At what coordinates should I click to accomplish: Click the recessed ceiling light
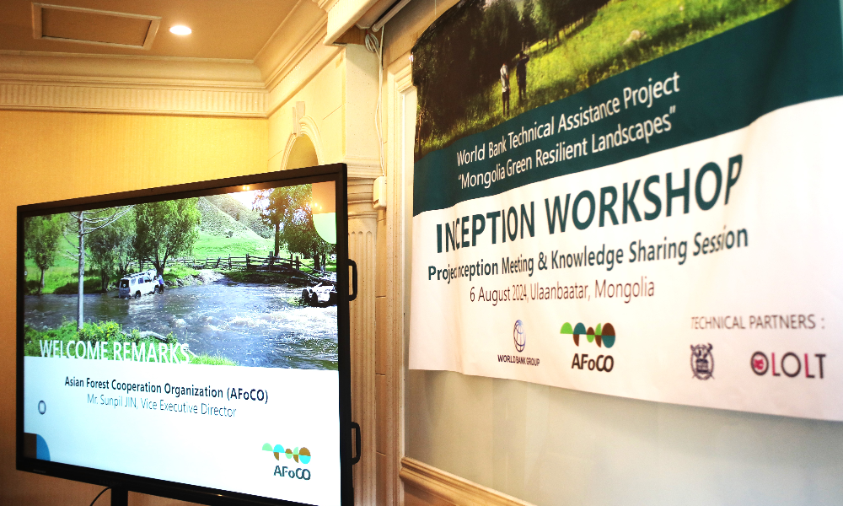[x=180, y=30]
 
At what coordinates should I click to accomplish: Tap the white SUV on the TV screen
[x=138, y=284]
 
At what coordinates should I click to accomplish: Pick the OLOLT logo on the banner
[x=787, y=365]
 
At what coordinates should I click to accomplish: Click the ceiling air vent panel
[x=96, y=26]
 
